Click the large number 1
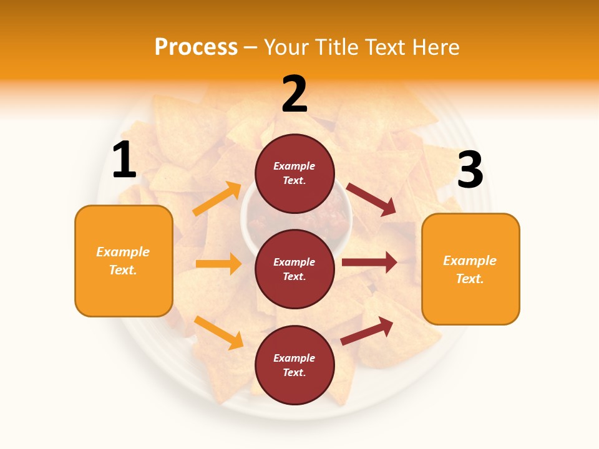coord(124,161)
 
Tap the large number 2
coord(295,95)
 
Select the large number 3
coord(470,171)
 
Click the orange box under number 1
coord(124,261)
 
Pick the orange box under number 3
coord(470,269)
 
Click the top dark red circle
coord(295,173)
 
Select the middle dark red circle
coord(295,269)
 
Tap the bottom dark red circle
coord(295,365)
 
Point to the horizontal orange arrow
coord(218,264)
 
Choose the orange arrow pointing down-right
coord(218,332)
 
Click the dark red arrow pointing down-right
coord(371,200)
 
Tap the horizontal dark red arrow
coord(369,262)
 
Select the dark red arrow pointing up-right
coord(368,331)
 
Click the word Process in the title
coord(196,47)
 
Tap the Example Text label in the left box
coord(123,261)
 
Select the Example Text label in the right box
coord(470,269)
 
